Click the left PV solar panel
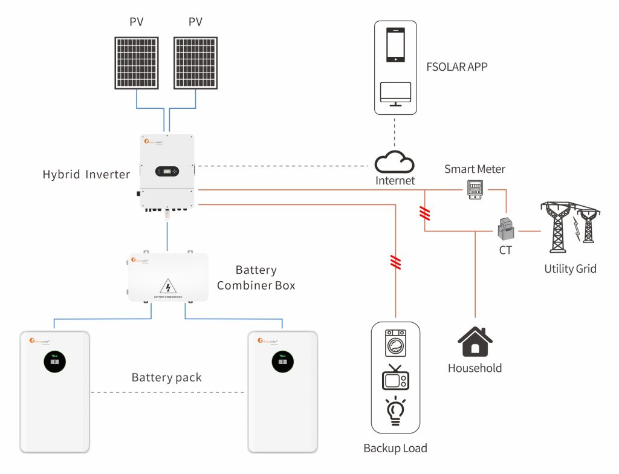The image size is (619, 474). click(137, 62)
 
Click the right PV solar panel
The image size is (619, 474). click(195, 62)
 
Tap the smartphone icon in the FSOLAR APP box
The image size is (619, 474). click(395, 45)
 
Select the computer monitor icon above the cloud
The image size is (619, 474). click(395, 94)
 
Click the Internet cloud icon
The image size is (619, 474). click(395, 162)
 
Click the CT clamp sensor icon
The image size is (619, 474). click(505, 230)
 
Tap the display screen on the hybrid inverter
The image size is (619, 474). click(167, 171)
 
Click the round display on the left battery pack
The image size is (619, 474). click(56, 363)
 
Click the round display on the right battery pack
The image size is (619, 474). click(283, 363)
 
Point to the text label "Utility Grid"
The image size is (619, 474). click(570, 268)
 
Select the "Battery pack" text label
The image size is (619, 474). click(167, 378)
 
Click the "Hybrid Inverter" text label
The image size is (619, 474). click(86, 175)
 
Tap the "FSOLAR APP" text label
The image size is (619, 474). click(456, 67)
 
